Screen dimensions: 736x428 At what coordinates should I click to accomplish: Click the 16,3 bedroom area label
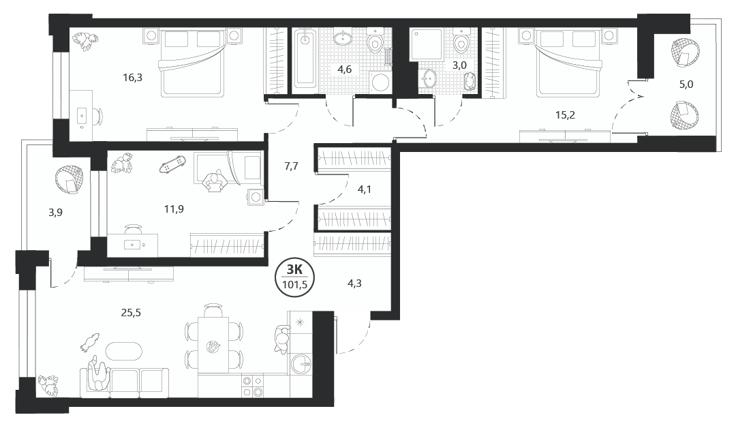(x=132, y=78)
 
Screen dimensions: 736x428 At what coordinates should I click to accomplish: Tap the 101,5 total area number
(x=294, y=284)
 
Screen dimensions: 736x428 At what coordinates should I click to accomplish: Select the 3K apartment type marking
(x=294, y=269)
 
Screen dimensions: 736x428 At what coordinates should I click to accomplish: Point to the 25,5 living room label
(x=131, y=313)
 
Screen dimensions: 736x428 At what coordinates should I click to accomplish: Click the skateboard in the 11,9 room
(x=172, y=164)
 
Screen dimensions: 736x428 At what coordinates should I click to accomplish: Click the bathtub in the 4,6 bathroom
(x=305, y=58)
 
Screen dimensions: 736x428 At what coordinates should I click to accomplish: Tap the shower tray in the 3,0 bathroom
(x=426, y=44)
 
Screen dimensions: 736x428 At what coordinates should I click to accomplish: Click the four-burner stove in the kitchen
(x=252, y=386)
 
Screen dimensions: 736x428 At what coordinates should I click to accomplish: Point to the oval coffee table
(x=123, y=351)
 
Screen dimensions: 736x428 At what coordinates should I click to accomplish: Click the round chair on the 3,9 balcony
(x=70, y=180)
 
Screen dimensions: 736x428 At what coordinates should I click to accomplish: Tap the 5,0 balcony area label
(x=686, y=85)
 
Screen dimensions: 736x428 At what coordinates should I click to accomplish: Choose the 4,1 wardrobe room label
(x=365, y=189)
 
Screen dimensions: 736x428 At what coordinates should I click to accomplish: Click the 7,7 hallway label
(x=292, y=166)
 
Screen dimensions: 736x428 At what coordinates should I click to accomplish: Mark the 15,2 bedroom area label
(x=565, y=115)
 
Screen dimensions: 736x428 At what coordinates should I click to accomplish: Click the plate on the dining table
(x=213, y=348)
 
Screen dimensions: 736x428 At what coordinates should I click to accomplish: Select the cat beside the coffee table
(x=90, y=342)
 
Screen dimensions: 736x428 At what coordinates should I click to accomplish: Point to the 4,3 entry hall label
(x=354, y=284)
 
